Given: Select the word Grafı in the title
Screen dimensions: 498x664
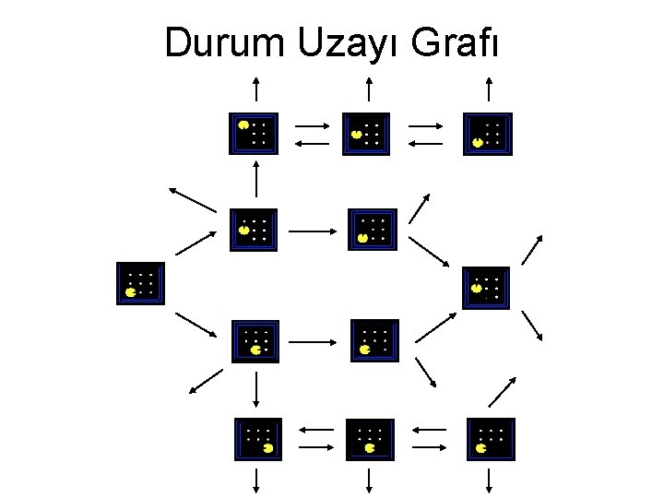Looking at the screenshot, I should [x=455, y=42].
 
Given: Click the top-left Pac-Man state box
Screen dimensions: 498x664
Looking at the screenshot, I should [x=252, y=133].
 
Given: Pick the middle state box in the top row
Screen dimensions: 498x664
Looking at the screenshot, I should [x=367, y=134].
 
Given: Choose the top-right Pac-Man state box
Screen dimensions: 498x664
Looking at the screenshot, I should [x=488, y=134].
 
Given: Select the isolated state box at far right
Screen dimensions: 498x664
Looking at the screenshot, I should [x=486, y=287].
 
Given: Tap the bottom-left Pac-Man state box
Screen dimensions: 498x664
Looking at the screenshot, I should [x=258, y=439].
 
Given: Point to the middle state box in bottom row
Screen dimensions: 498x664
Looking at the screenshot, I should [x=369, y=440].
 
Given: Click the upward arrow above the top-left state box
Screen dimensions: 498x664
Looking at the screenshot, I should [x=257, y=89].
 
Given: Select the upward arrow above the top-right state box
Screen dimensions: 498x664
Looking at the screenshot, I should [x=489, y=89].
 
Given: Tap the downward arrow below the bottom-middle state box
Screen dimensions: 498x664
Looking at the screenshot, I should [x=369, y=480].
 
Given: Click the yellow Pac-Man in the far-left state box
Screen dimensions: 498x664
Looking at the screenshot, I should [x=131, y=292].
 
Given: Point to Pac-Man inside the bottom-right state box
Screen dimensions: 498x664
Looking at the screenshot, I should [x=482, y=448].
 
